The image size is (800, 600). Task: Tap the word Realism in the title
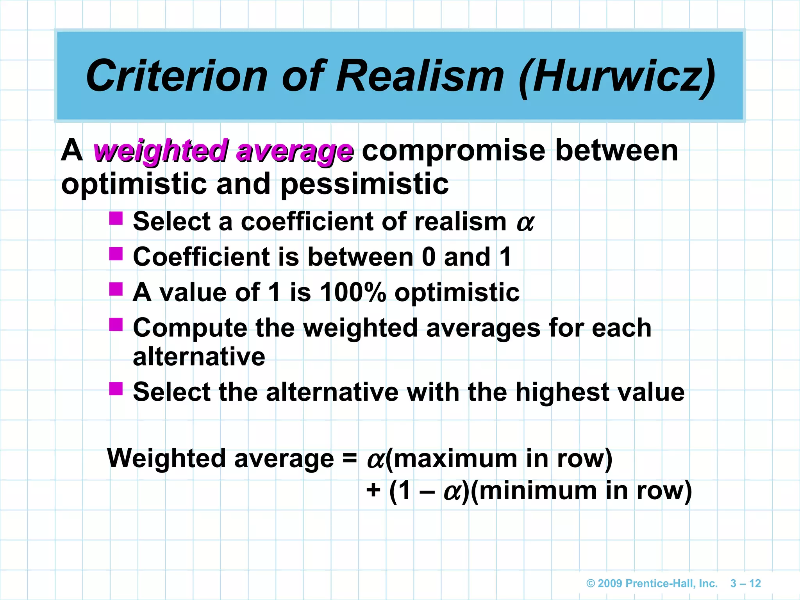coord(420,76)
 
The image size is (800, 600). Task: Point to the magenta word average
coord(295,151)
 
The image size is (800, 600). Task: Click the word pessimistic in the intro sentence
coord(365,184)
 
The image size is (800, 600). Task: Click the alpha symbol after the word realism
coord(525,223)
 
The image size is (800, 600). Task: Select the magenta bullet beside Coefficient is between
coord(116,254)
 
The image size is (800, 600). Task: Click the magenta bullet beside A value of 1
coord(116,289)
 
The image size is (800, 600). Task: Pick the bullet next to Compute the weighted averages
coord(116,325)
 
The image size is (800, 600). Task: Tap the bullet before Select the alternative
coord(116,389)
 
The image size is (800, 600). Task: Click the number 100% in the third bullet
coord(353,292)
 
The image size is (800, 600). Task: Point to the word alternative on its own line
coord(199,357)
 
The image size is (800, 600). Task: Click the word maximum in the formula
coord(455,459)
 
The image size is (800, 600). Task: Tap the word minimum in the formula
coord(537,491)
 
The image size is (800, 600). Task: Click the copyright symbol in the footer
coord(591,584)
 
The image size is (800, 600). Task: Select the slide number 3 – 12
coord(746,584)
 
